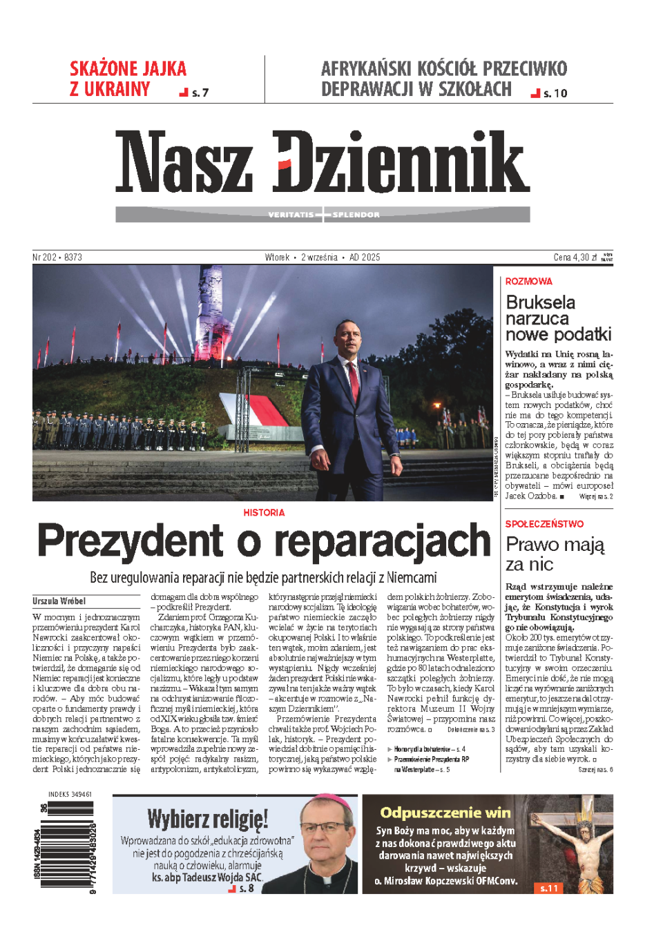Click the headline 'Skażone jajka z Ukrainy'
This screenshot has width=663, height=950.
click(x=128, y=79)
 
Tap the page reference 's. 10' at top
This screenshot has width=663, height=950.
click(x=555, y=93)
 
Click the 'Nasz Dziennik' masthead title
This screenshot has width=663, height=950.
click(x=323, y=162)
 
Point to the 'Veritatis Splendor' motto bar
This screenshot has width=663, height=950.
click(x=323, y=215)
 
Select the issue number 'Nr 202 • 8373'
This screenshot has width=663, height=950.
click(x=57, y=257)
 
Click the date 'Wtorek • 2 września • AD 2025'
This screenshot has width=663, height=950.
click(x=323, y=257)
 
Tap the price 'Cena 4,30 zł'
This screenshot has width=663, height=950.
click(x=575, y=257)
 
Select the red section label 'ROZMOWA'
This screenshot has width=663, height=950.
click(x=528, y=281)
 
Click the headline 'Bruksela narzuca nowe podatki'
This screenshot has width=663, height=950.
click(x=558, y=318)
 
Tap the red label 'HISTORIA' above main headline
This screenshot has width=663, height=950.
click(x=264, y=512)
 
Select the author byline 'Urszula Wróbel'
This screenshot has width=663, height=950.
click(x=59, y=601)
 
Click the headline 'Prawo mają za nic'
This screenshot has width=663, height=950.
click(x=555, y=554)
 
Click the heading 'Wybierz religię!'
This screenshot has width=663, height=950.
click(x=207, y=819)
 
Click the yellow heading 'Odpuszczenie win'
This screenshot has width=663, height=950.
click(x=445, y=813)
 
